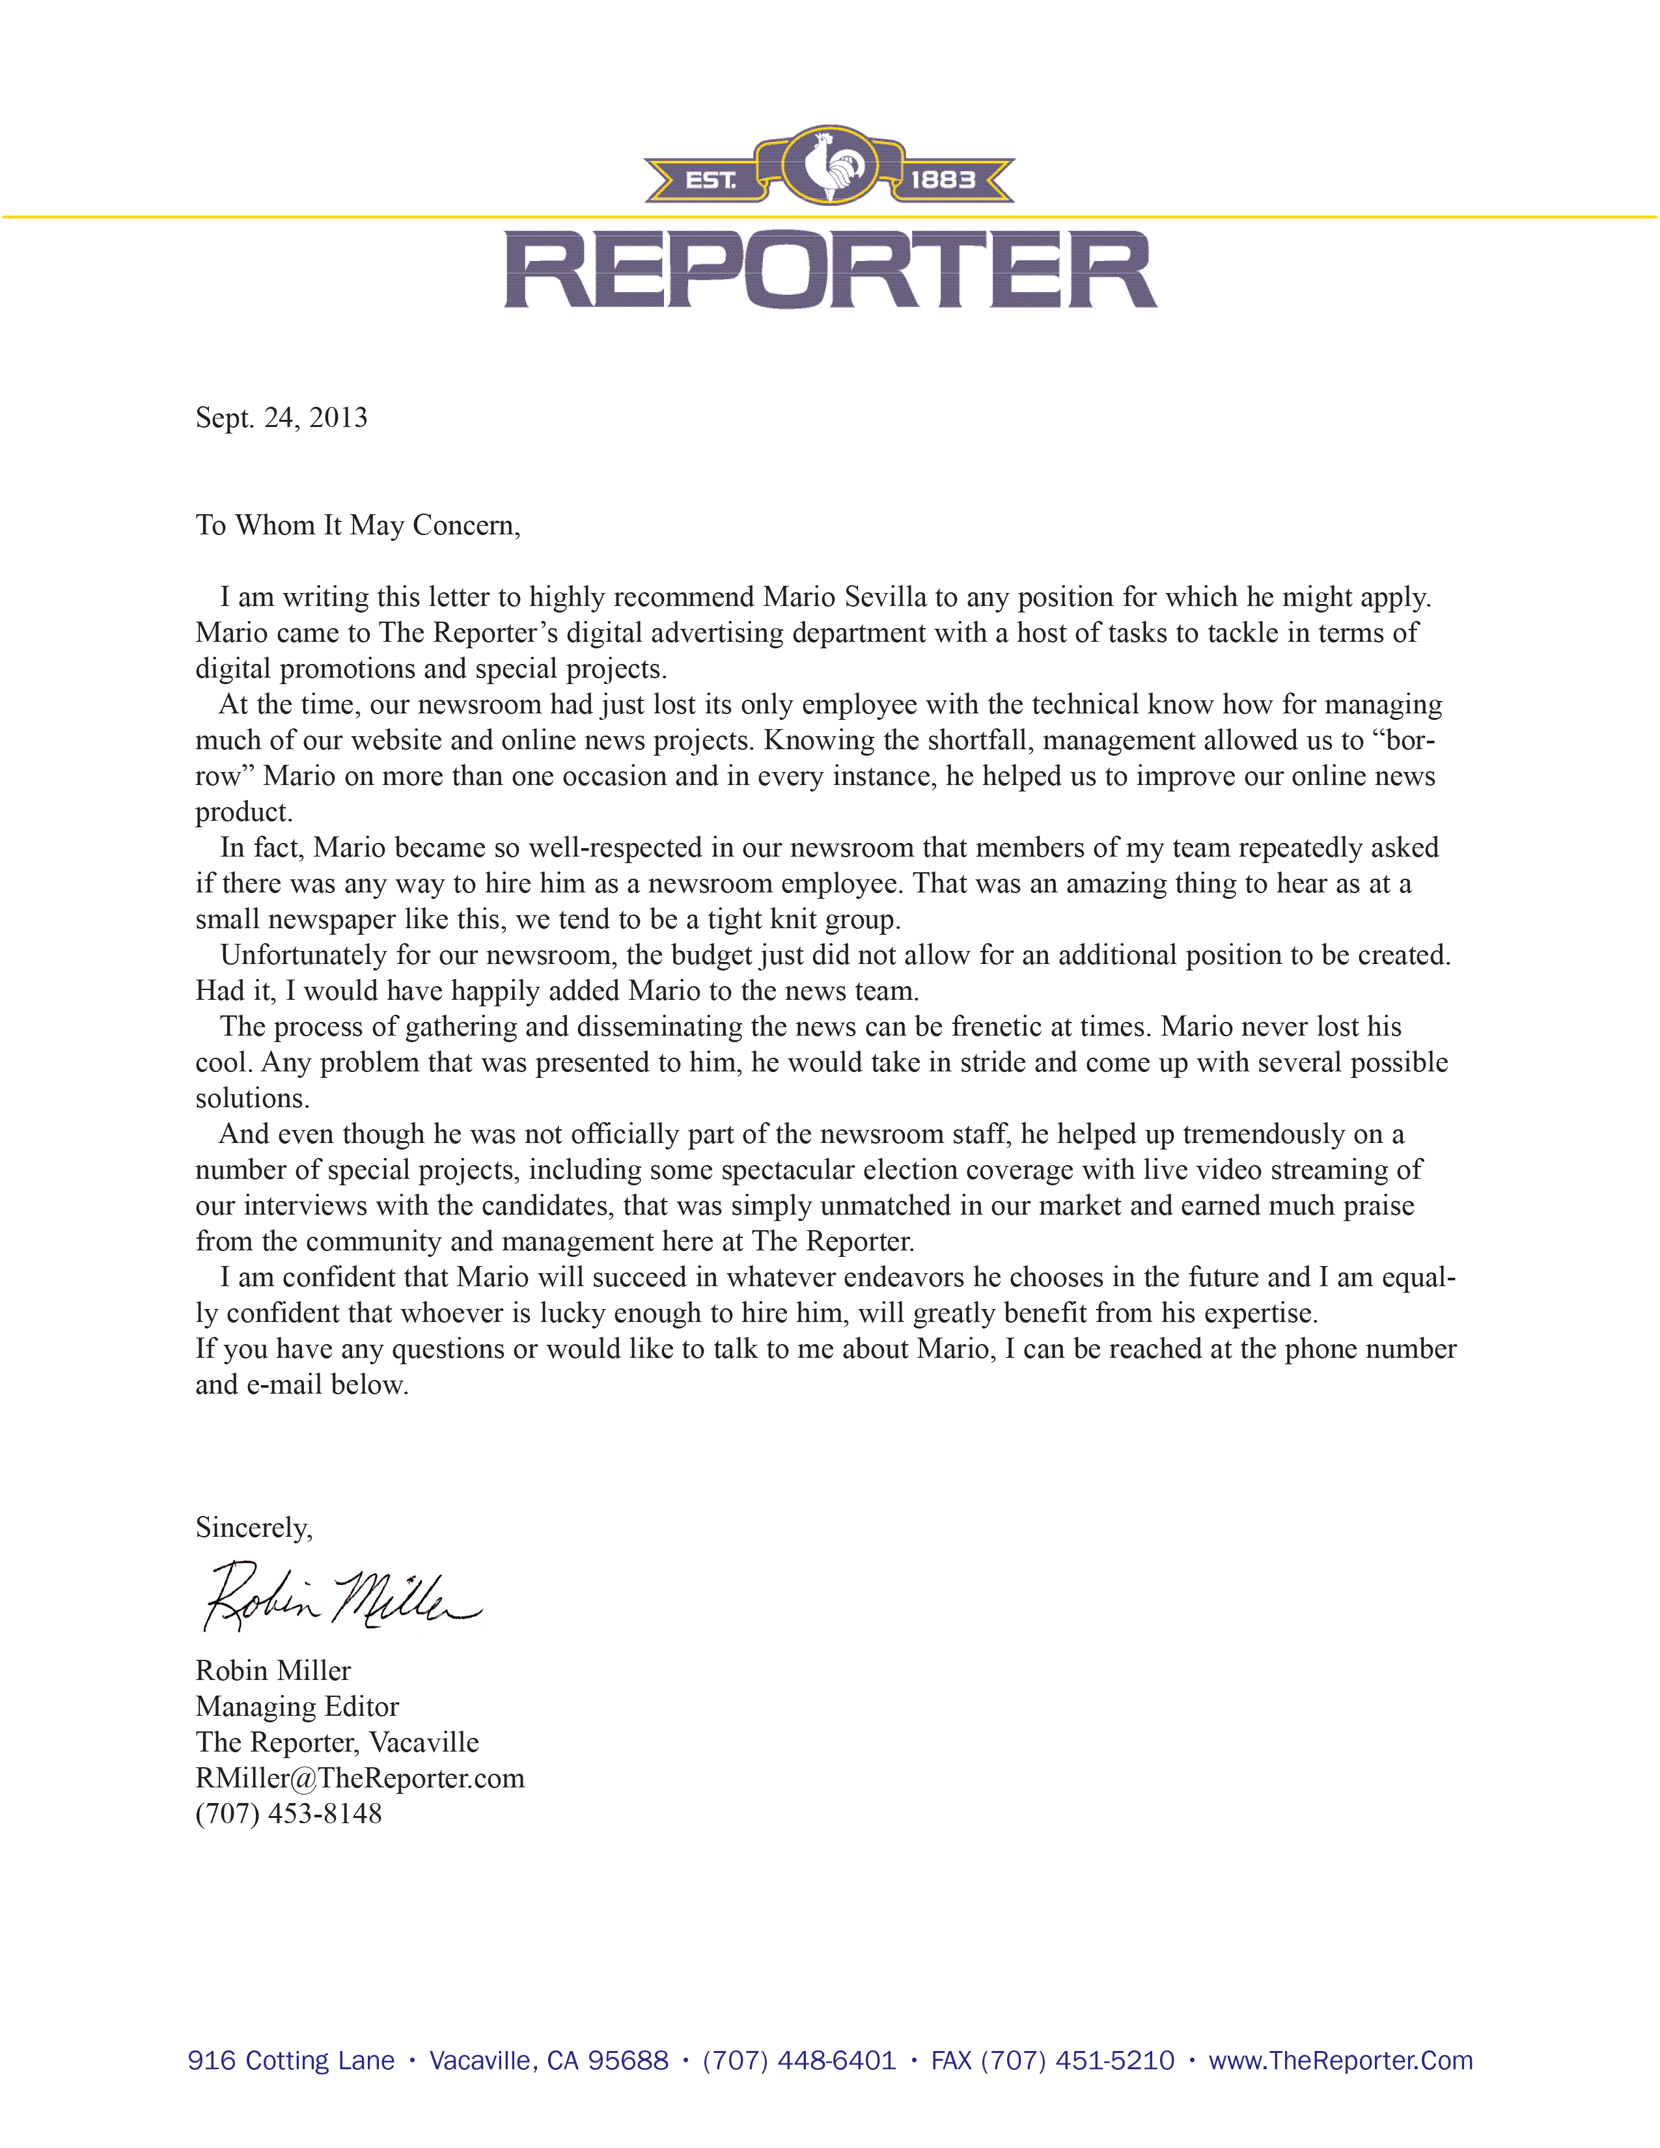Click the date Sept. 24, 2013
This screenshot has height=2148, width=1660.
click(281, 418)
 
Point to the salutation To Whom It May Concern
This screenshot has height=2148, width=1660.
click(357, 525)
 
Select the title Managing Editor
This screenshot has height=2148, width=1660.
click(297, 1707)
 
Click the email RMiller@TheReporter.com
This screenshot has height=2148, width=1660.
click(360, 1778)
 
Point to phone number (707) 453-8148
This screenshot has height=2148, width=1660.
click(288, 1813)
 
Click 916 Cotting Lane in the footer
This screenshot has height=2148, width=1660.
click(291, 2061)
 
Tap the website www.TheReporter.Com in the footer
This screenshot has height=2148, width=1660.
click(1340, 2061)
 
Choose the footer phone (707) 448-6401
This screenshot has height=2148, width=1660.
click(799, 2061)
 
